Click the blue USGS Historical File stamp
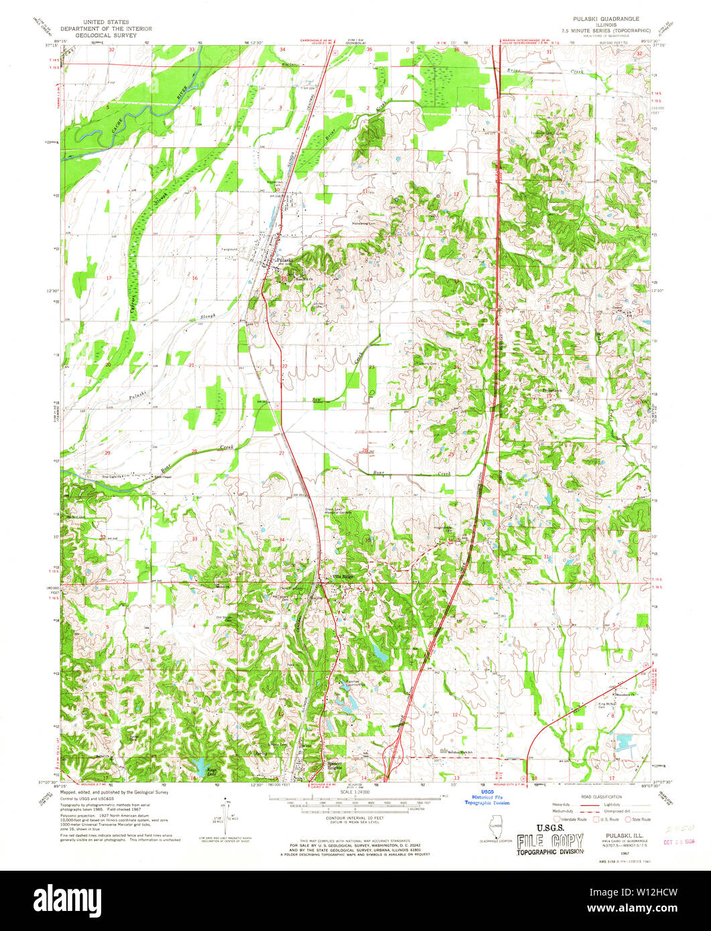[487, 800]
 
